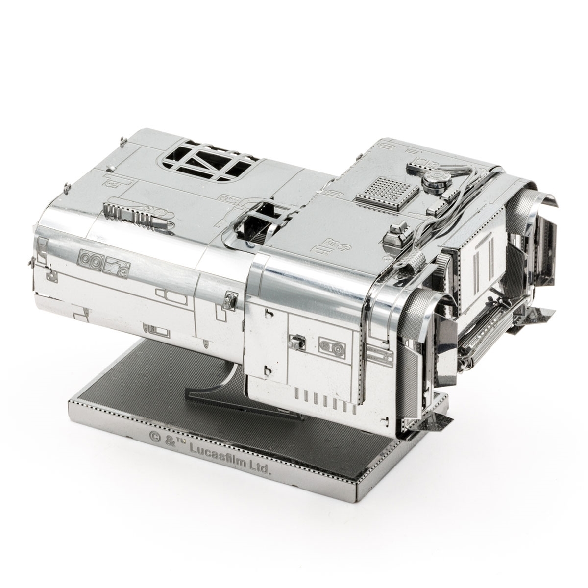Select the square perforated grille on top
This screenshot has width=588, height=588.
pyautogui.click(x=387, y=190)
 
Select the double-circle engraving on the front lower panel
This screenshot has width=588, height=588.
pyautogui.click(x=331, y=345)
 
